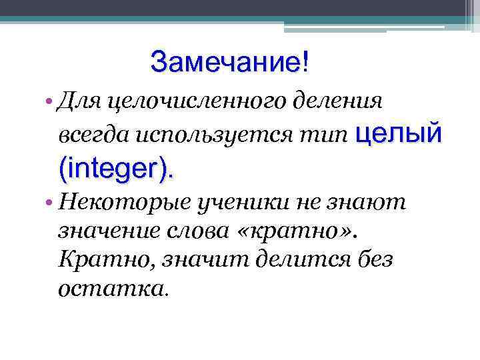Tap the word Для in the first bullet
click(x=80, y=102)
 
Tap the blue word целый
click(x=399, y=133)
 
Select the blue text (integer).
click(x=119, y=168)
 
